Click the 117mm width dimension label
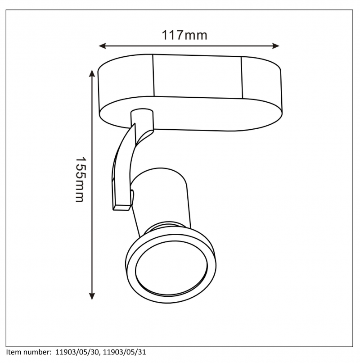click(184, 36)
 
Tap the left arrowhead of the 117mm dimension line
click(102, 46)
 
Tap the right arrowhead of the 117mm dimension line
click(276, 46)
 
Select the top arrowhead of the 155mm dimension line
click(92, 73)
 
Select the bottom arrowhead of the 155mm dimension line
click(92, 296)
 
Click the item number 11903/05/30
click(77, 352)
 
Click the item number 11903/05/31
click(125, 352)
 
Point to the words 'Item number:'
click(29, 352)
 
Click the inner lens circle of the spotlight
click(171, 268)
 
